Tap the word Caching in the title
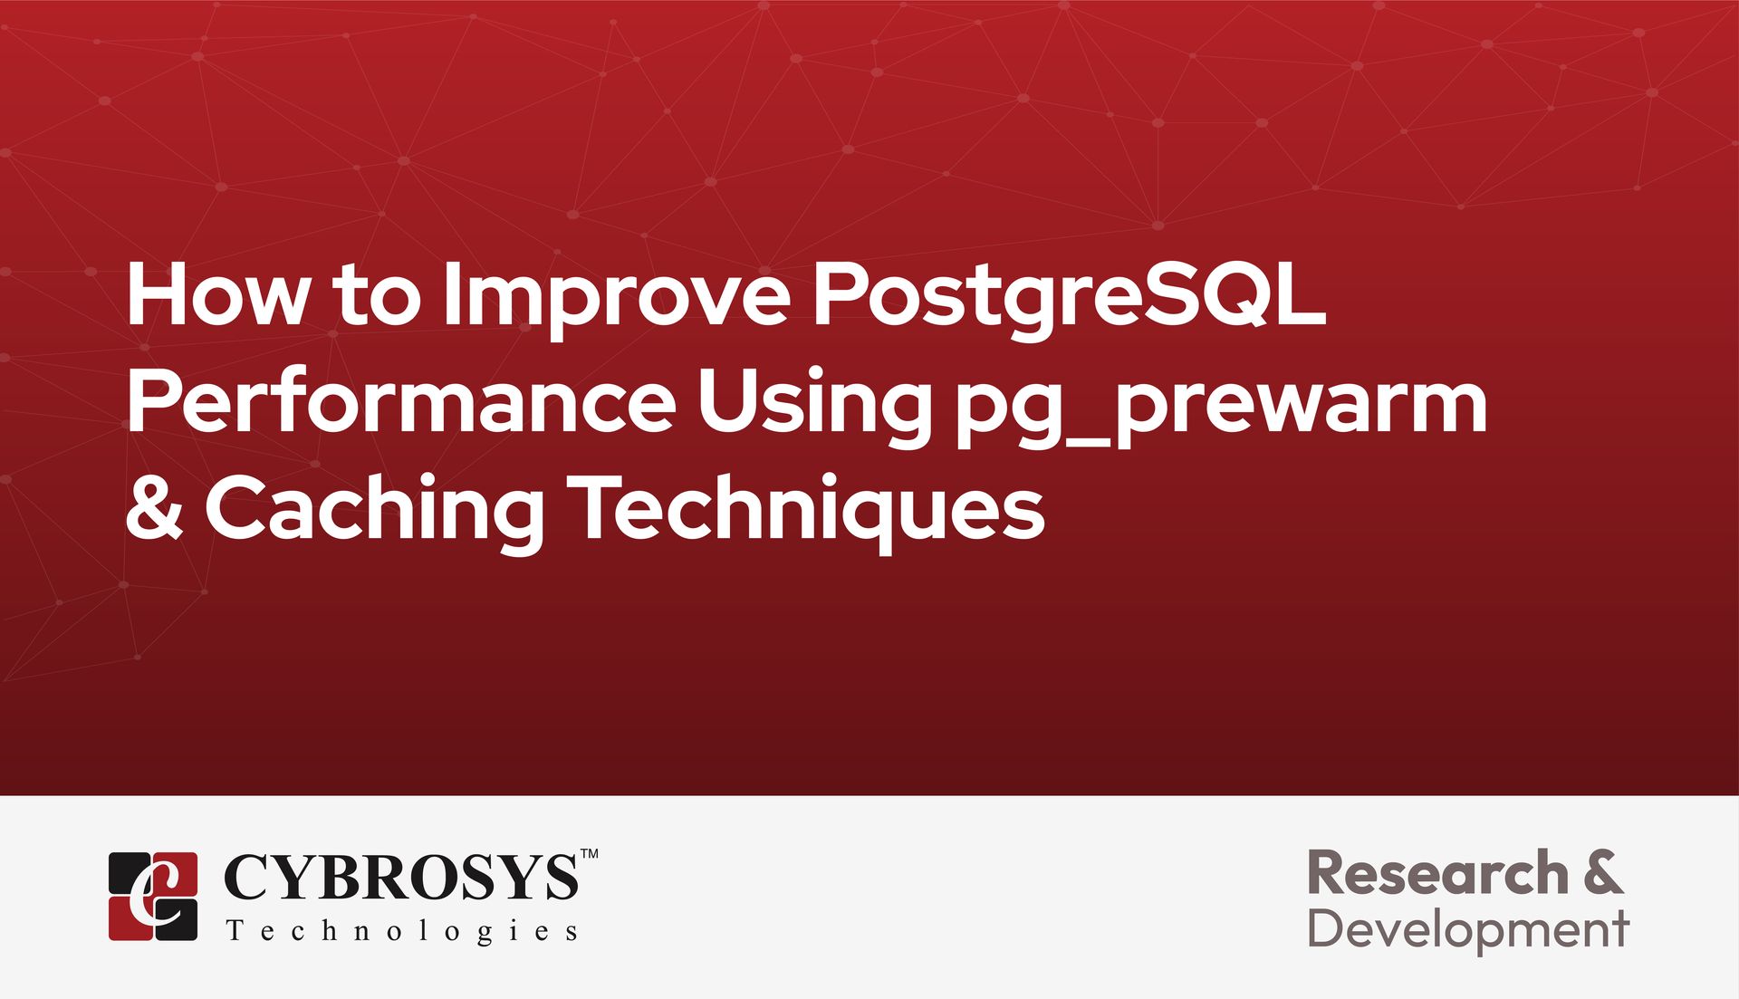pos(374,513)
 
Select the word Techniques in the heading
pos(805,513)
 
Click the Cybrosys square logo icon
pos(153,896)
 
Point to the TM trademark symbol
pos(589,854)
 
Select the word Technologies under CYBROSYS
pos(401,932)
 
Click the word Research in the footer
pos(1437,874)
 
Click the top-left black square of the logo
pos(129,871)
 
